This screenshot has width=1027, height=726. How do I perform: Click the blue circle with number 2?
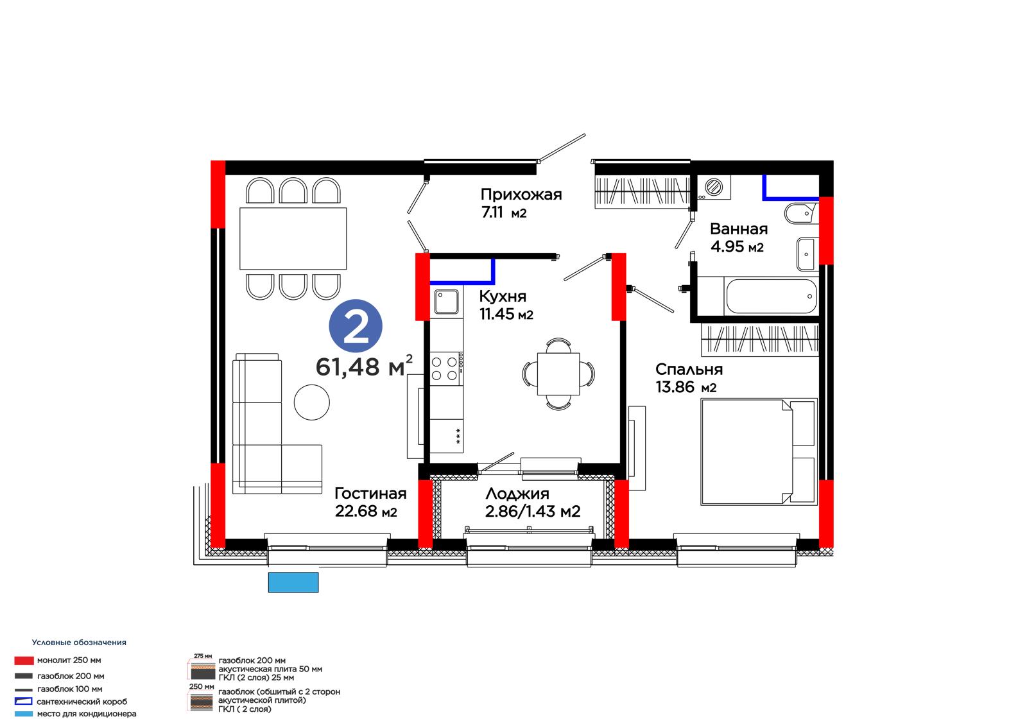[356, 327]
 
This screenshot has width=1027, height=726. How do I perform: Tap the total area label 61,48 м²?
[364, 366]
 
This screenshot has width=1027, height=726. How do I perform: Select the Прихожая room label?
[521, 195]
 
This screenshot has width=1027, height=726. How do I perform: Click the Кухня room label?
[503, 297]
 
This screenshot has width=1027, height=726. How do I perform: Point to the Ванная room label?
[739, 229]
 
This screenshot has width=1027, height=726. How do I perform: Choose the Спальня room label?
[689, 369]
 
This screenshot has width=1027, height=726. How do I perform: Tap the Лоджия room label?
[517, 494]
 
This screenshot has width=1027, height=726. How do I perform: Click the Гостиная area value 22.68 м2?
[366, 512]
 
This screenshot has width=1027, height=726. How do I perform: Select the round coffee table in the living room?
[312, 402]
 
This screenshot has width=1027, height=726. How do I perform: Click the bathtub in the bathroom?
[771, 297]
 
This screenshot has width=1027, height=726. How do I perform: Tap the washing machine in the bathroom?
[714, 187]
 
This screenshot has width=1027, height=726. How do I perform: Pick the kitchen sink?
[446, 302]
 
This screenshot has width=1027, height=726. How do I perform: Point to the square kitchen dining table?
[558, 374]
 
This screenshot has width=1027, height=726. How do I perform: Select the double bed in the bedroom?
[759, 452]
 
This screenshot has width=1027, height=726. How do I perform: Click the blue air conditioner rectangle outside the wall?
[293, 582]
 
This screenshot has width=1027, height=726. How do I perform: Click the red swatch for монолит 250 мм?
[24, 661]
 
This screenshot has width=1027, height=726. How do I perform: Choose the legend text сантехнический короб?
[82, 702]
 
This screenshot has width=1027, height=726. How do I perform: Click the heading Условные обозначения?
[79, 643]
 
